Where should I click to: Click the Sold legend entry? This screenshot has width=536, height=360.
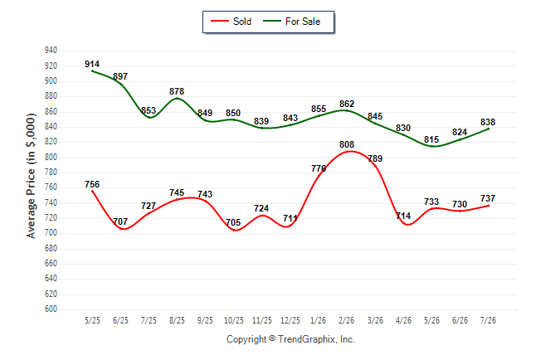tap(231, 22)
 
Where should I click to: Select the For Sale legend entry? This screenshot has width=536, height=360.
tap(291, 22)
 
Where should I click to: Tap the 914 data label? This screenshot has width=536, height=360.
tap(92, 64)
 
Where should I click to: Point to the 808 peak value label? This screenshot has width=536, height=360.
tap(347, 144)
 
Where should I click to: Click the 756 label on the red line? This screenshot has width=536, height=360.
tap(92, 184)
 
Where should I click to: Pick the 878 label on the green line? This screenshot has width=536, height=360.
tap(177, 91)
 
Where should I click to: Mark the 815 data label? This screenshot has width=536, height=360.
tap(431, 139)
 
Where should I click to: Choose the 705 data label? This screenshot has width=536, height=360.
tap(233, 222)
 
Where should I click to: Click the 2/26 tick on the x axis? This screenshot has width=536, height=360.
tap(346, 320)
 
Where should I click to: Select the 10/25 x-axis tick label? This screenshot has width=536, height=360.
tap(233, 320)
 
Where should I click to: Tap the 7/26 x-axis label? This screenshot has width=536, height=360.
tap(488, 320)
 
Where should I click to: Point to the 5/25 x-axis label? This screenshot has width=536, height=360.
tap(92, 320)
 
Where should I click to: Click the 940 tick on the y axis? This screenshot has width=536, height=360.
tap(51, 51)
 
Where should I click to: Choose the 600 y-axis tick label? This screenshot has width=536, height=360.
tap(51, 309)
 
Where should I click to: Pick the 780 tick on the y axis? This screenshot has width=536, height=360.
tap(51, 172)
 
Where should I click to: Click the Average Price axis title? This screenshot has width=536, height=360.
tap(31, 176)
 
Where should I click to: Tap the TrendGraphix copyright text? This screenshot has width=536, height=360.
tap(290, 339)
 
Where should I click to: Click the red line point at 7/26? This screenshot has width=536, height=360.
tap(489, 206)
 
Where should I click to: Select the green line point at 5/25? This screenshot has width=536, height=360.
tap(92, 71)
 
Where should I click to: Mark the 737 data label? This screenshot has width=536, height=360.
tap(488, 198)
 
